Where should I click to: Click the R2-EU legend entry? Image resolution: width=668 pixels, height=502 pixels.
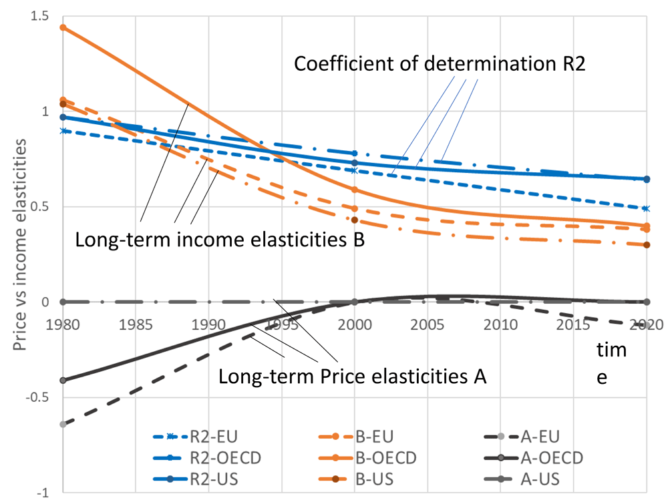pos(195,437)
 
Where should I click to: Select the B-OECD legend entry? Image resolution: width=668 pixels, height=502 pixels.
pos(367,458)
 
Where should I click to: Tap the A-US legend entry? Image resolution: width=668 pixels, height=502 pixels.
pos(522,479)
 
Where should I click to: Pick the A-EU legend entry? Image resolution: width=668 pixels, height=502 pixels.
pos(522,437)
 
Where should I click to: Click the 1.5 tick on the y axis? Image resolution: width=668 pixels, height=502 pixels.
pos(40,16)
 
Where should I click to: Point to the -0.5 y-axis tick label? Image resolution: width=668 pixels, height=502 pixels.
pos(37,397)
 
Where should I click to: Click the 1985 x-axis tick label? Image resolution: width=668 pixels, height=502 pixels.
pos(136,325)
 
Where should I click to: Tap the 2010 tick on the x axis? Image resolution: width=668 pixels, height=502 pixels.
pos(500,325)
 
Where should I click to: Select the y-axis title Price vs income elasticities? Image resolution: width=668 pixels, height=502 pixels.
pos(19,244)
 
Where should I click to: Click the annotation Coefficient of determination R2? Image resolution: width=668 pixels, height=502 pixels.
pos(440,64)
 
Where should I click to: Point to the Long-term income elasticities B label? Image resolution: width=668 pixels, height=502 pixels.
pos(220,240)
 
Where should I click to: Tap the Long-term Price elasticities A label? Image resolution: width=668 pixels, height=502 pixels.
pos(352,376)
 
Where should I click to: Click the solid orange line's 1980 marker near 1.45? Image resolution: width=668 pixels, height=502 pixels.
pos(63,27)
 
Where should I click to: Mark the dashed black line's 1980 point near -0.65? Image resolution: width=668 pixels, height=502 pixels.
pos(63,424)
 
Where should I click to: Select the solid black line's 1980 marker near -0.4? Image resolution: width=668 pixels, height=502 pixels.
pos(63,380)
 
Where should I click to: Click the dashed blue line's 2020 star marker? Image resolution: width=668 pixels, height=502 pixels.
pos(646,208)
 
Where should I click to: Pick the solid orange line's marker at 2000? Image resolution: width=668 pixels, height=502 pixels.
pos(355,190)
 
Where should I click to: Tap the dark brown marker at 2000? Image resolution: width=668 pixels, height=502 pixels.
pos(355,220)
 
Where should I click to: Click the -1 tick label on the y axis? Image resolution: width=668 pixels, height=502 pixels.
pos(43,493)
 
